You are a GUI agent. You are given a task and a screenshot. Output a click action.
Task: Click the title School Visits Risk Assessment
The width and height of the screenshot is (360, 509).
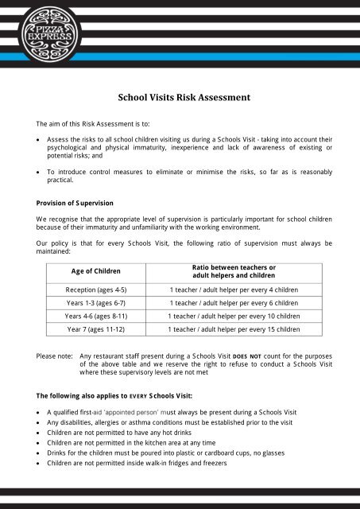(x=184, y=98)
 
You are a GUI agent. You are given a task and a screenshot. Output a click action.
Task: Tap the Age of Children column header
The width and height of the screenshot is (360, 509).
(x=95, y=270)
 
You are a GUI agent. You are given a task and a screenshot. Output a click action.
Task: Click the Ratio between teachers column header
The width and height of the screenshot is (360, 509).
(x=234, y=270)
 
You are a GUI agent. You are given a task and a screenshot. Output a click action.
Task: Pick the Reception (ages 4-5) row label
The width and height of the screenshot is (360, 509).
(x=95, y=289)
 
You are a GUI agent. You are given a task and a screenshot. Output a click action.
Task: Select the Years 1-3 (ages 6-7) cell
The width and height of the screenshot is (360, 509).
(x=95, y=303)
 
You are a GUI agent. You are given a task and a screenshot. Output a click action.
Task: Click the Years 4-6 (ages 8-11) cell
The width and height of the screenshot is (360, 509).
(x=95, y=316)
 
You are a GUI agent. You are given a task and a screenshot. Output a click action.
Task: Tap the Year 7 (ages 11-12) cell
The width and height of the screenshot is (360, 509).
(x=95, y=328)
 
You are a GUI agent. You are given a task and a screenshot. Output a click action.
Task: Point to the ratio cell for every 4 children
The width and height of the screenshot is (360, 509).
(x=234, y=289)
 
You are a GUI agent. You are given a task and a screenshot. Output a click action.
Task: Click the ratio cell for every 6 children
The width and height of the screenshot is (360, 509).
(x=234, y=303)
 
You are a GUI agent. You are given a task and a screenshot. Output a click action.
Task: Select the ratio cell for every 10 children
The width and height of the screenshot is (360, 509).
(x=234, y=316)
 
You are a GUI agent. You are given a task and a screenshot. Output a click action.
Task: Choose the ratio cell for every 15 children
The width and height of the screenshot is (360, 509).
(x=234, y=328)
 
